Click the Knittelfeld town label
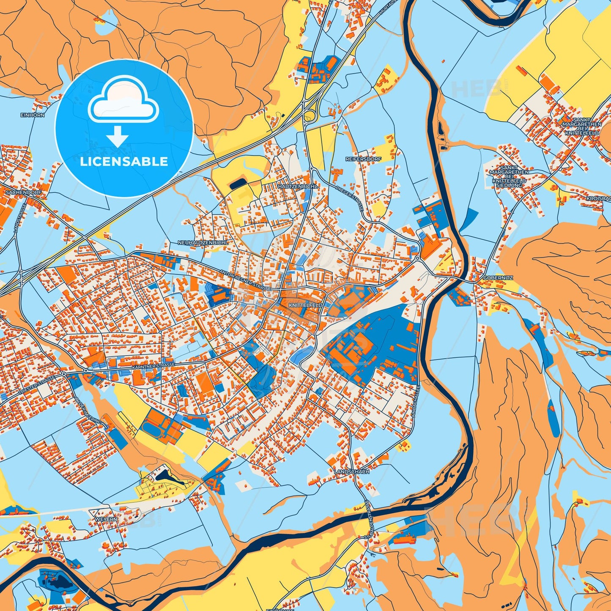305,305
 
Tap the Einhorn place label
33,115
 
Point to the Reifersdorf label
363,159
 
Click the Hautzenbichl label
297,186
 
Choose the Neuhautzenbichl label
203,243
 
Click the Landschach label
351,471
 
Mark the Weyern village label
98,519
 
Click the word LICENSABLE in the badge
124,162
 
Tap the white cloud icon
123,100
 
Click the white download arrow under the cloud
117,137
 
